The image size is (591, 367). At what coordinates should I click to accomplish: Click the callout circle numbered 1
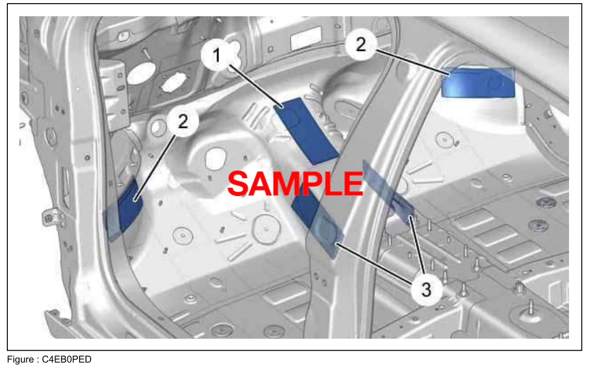[216, 56]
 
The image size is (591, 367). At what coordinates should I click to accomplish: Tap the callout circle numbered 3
[426, 289]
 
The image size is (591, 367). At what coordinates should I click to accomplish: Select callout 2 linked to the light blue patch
[360, 44]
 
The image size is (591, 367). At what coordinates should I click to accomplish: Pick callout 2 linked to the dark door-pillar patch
[183, 121]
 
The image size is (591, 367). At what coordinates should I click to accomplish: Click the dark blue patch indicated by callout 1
[305, 131]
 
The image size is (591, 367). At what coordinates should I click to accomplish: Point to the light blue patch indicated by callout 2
[478, 83]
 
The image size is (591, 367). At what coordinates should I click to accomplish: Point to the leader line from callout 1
[256, 87]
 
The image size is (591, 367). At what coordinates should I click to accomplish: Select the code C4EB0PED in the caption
[67, 359]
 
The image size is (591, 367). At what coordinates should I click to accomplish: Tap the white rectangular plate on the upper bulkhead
[306, 38]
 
